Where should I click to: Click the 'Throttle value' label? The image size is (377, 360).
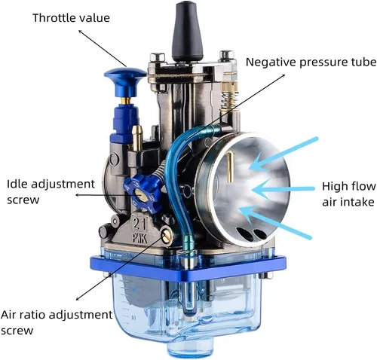[71, 18]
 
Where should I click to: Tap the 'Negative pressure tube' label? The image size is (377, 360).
[311, 63]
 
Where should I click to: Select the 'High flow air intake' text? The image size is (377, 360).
[349, 194]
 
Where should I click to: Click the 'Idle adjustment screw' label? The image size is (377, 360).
[51, 192]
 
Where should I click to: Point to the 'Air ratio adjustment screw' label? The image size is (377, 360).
[57, 322]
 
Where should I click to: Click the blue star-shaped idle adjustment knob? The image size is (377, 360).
[142, 193]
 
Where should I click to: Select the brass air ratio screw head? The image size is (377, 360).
[167, 236]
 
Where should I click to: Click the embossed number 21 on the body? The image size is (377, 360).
[139, 223]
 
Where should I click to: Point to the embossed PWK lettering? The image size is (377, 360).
[140, 237]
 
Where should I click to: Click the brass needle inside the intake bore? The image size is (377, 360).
[230, 167]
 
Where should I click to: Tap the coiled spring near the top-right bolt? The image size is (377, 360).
[229, 99]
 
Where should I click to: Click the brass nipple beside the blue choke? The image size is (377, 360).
[137, 137]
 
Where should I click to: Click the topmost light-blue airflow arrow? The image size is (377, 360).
[284, 154]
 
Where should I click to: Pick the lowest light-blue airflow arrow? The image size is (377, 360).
[275, 221]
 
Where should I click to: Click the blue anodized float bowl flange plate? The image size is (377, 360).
[188, 267]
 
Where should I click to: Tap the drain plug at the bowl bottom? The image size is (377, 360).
[190, 349]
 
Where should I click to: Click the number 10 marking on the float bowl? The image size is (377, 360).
[133, 318]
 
